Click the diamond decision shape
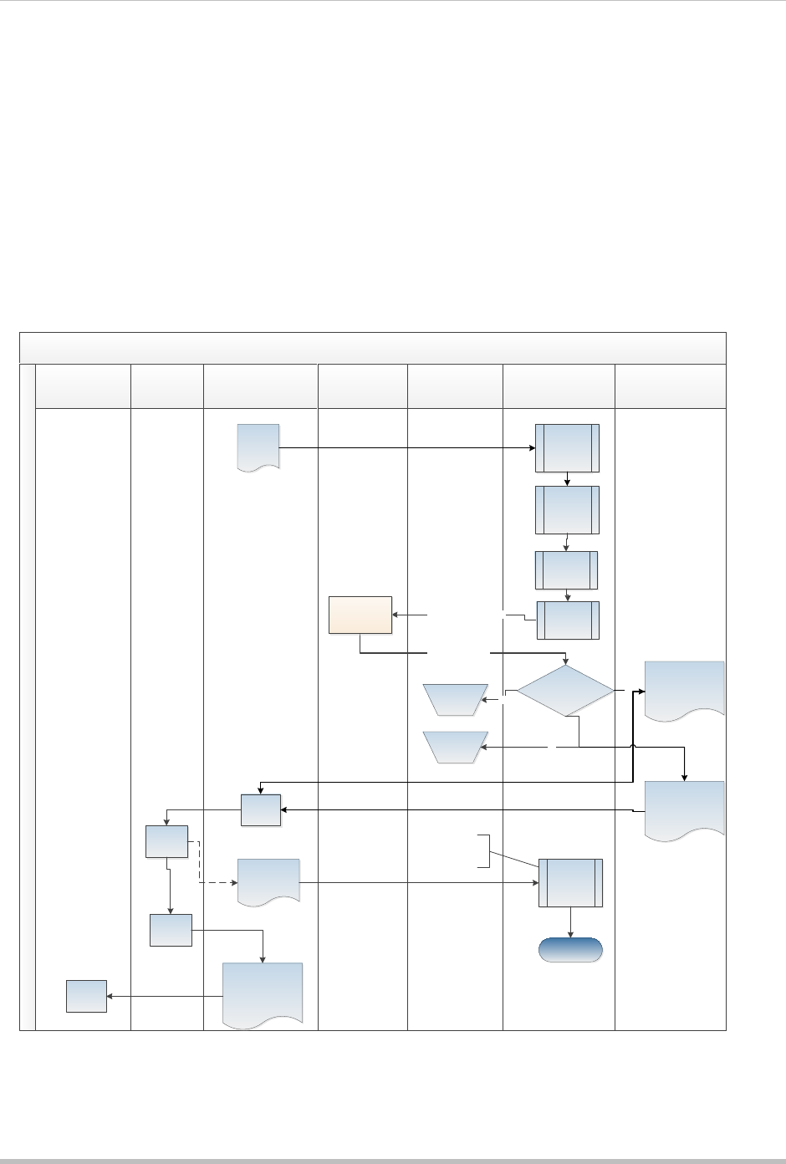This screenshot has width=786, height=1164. click(x=566, y=692)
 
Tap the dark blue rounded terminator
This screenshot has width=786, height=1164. click(x=570, y=950)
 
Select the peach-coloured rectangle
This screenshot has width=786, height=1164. click(x=360, y=615)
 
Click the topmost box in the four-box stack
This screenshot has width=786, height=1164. click(x=567, y=448)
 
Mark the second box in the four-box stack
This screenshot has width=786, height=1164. click(x=567, y=509)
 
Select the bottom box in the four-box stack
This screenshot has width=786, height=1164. click(x=567, y=620)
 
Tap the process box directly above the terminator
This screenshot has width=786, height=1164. click(x=570, y=883)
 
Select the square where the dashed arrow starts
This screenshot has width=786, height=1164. click(x=166, y=841)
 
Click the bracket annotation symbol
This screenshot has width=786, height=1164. click(x=483, y=850)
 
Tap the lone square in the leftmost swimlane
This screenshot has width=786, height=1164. click(x=87, y=996)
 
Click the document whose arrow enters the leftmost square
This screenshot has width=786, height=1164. click(x=263, y=993)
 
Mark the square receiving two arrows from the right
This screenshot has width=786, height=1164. click(x=261, y=809)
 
